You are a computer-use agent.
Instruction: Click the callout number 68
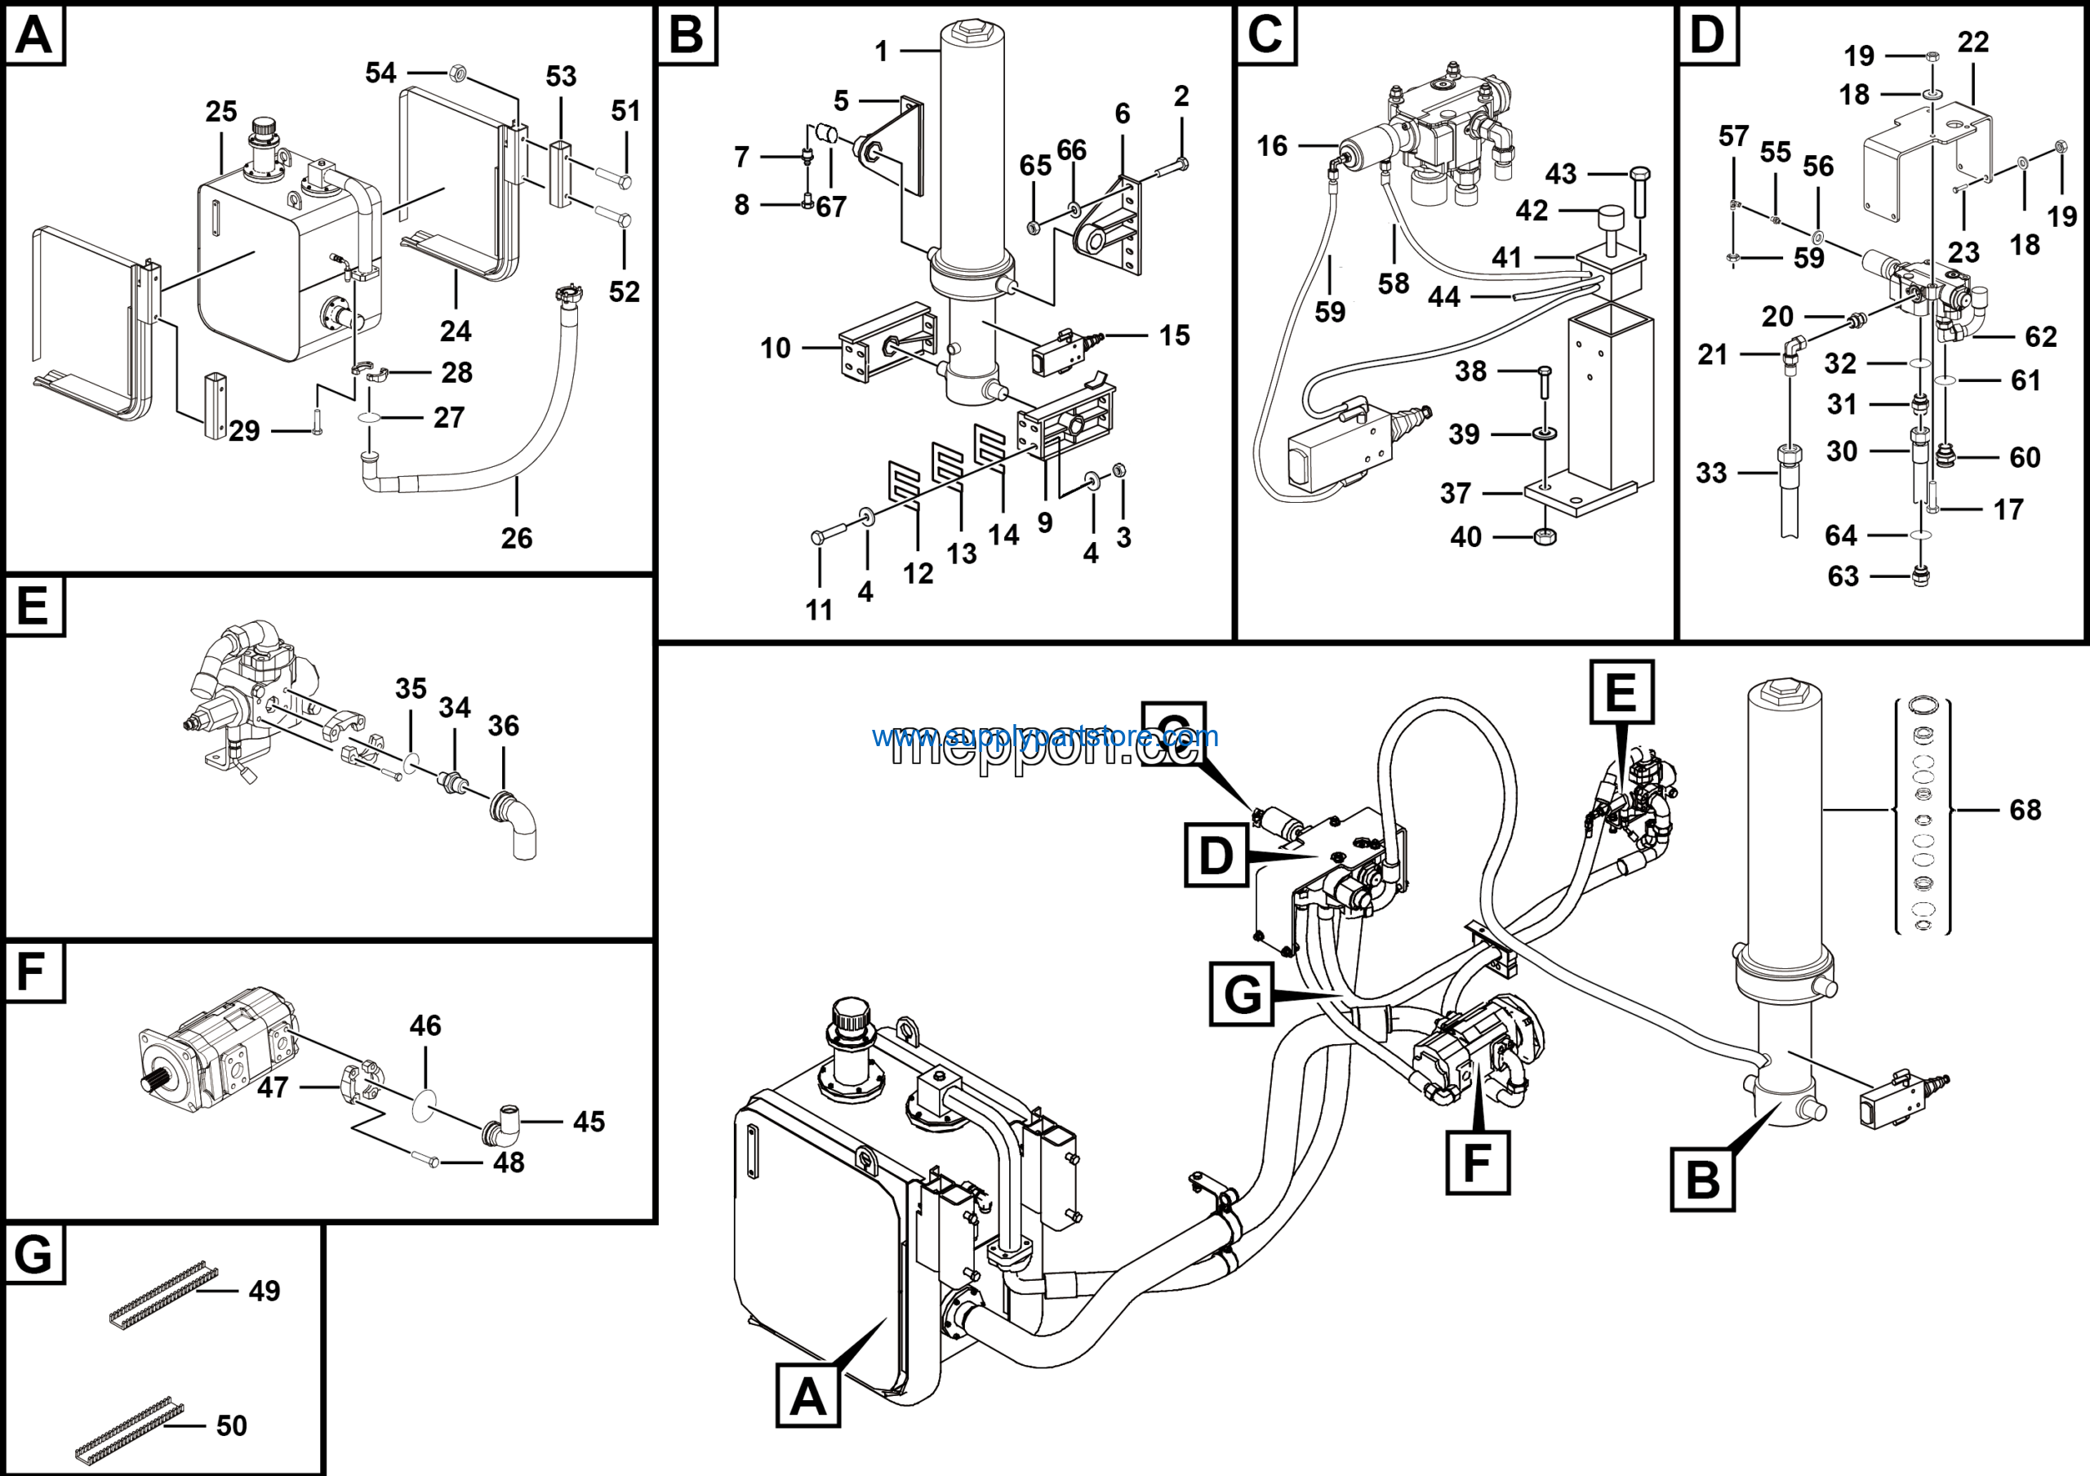(x=2025, y=810)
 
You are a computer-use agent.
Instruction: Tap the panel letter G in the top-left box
(x=33, y=1255)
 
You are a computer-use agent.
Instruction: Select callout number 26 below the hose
(x=516, y=538)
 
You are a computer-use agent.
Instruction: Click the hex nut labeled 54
(x=459, y=72)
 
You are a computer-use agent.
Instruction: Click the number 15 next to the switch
(x=1174, y=336)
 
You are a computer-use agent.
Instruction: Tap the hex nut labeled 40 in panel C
(x=1544, y=537)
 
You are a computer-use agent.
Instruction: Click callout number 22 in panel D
(x=1972, y=42)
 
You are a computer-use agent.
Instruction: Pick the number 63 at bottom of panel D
(x=1843, y=576)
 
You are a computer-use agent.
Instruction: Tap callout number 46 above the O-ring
(x=425, y=1025)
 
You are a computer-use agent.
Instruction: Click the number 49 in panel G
(x=264, y=1291)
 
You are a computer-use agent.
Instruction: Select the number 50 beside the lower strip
(x=231, y=1425)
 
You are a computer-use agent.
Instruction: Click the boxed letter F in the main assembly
(x=1478, y=1162)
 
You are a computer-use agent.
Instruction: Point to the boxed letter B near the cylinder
(x=1702, y=1180)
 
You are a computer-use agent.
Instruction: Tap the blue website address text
(x=1044, y=736)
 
